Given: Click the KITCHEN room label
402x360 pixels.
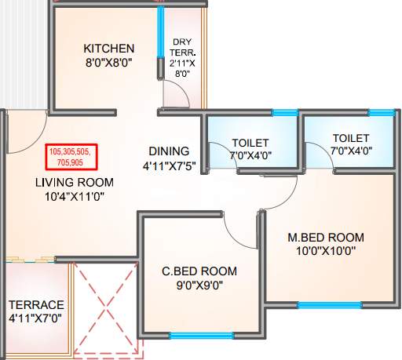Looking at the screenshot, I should click(x=109, y=49).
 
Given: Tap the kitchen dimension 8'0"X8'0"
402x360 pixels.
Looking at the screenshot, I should click(x=109, y=63).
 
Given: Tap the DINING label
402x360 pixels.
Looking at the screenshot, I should click(x=170, y=151).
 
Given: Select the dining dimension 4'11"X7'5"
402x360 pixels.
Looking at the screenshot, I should click(x=170, y=165).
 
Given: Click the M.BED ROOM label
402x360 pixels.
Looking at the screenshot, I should click(x=326, y=238).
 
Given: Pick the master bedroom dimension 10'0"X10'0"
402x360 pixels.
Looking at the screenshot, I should click(x=326, y=252).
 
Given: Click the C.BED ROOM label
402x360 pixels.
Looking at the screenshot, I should click(x=199, y=271).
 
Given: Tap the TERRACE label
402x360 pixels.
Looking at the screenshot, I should click(x=36, y=304).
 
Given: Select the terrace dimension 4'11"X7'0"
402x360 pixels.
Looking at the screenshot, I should click(x=36, y=318).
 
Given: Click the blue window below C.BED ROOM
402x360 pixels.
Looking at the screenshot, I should click(x=200, y=336).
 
